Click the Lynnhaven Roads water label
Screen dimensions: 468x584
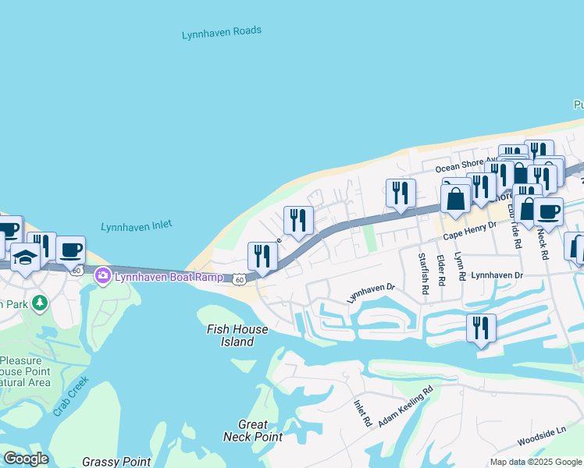tap(221, 33)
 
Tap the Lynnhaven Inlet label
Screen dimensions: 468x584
tap(136, 225)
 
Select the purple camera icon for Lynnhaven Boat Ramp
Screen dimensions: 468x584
tap(102, 275)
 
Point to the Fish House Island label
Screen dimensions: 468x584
tap(237, 335)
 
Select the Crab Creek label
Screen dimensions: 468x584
tap(71, 397)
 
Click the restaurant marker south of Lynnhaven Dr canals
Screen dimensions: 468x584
tap(481, 327)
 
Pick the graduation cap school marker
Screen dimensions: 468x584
tap(25, 257)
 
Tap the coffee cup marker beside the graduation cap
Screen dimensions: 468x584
tap(70, 250)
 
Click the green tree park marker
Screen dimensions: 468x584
tap(36, 302)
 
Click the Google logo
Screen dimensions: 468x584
tap(26, 459)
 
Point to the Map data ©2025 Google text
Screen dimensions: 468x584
tap(536, 462)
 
